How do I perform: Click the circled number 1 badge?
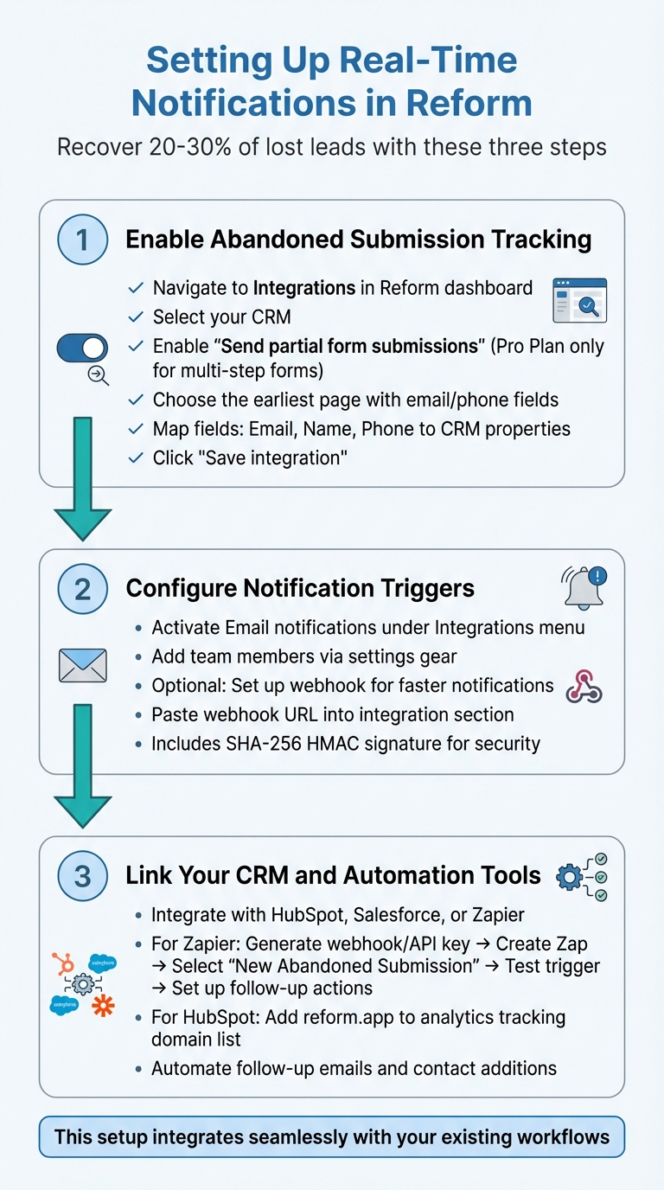click(x=82, y=240)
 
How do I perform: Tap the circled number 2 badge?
click(x=82, y=589)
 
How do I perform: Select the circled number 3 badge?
click(x=82, y=875)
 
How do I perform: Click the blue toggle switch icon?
click(x=82, y=348)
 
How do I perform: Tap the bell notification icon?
click(x=584, y=588)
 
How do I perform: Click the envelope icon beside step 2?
click(x=82, y=665)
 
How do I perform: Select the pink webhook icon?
click(x=584, y=686)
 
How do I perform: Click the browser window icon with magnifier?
click(x=578, y=300)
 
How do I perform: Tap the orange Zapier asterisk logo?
click(x=103, y=1006)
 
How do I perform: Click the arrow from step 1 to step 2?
click(x=83, y=480)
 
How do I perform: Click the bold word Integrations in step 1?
click(x=305, y=288)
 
